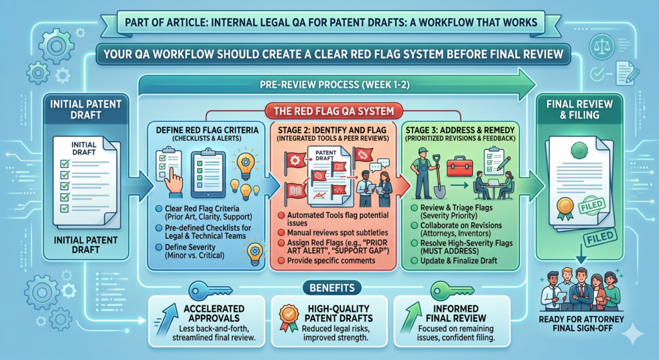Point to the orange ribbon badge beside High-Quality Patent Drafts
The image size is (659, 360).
click(289, 318)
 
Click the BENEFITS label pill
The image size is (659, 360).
click(332, 288)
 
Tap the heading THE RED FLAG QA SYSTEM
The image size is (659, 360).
click(334, 111)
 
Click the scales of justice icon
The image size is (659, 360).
click(602, 46)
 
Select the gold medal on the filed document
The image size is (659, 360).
click(565, 209)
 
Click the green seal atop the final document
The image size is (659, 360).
click(579, 149)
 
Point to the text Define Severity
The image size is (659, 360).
click(190, 247)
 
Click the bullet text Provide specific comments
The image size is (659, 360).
click(331, 261)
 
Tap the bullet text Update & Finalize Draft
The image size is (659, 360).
click(458, 261)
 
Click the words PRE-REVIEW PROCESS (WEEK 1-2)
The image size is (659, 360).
click(335, 85)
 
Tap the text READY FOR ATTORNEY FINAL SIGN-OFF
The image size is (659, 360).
click(581, 323)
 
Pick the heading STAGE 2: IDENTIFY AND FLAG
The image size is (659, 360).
click(332, 130)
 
